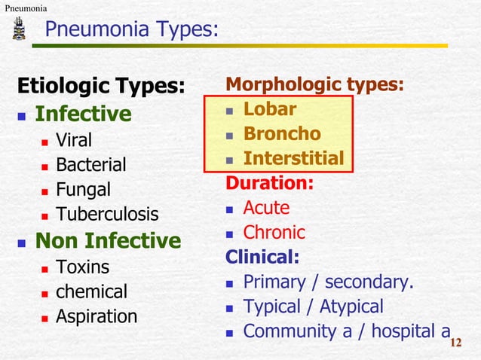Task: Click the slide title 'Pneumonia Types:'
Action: click(131, 29)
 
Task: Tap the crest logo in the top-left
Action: click(19, 30)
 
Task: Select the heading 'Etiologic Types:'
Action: click(101, 86)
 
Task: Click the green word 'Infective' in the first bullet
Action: click(84, 114)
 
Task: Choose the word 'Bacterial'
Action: click(91, 164)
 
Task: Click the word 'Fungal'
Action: click(83, 189)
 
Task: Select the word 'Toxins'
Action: click(82, 267)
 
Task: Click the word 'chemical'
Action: click(91, 291)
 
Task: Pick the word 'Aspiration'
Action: click(97, 316)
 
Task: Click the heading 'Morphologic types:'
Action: click(314, 84)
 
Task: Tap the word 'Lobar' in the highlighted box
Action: click(269, 109)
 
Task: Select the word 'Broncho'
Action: click(281, 134)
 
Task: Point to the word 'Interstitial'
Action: click(293, 159)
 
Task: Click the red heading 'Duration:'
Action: click(270, 183)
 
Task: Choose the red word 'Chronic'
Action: click(274, 232)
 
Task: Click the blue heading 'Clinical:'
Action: click(262, 257)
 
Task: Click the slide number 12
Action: click(455, 344)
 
